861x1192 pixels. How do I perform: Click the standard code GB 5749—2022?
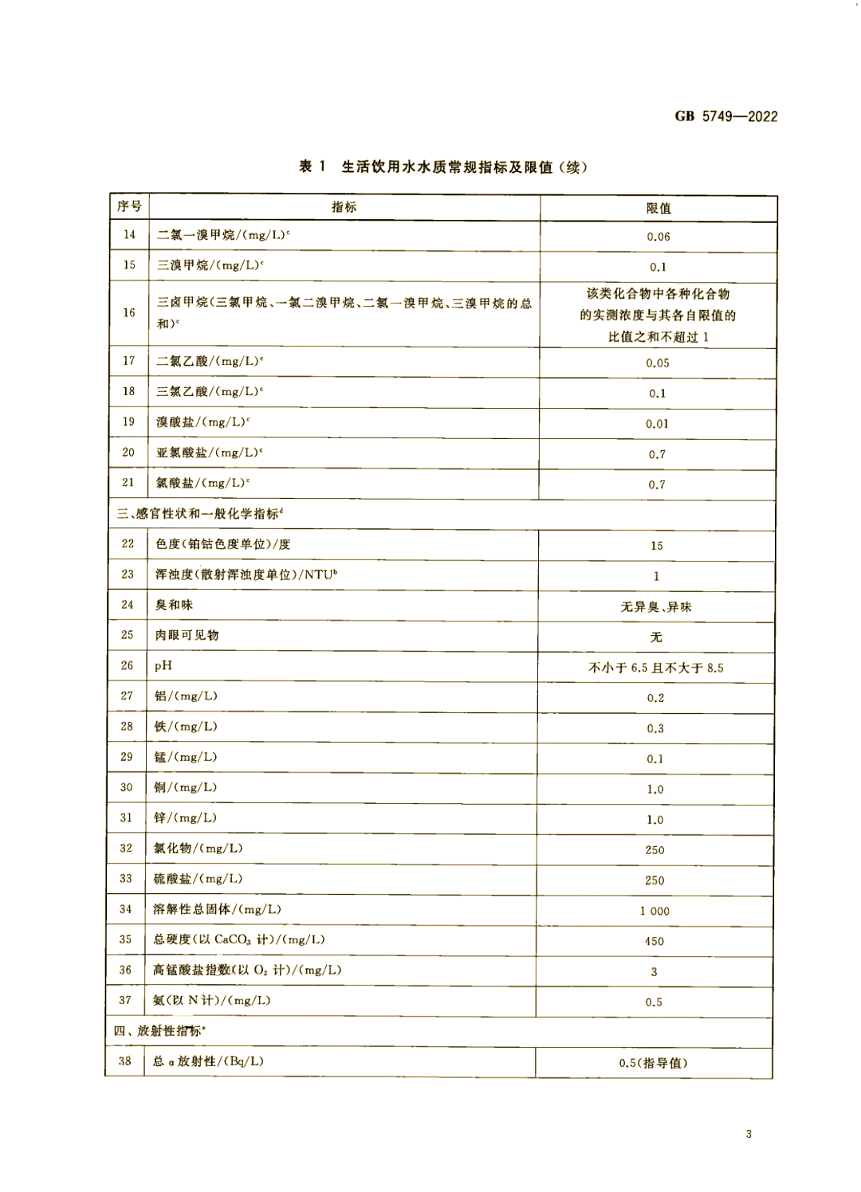[x=725, y=116]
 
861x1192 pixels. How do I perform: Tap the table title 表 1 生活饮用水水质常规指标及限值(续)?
[x=442, y=167]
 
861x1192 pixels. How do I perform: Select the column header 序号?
[x=129, y=206]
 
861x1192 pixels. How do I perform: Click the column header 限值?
[x=659, y=208]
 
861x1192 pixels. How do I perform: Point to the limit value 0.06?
[x=659, y=237]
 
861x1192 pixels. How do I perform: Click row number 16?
[x=129, y=313]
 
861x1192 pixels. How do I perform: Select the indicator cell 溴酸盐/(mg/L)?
[x=202, y=422]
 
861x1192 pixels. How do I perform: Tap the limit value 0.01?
[x=658, y=424]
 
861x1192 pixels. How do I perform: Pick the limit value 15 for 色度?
[x=657, y=546]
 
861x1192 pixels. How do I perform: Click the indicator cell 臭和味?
[x=174, y=605]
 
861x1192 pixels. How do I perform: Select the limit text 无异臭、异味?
[x=656, y=607]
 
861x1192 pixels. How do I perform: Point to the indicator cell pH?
[x=163, y=665]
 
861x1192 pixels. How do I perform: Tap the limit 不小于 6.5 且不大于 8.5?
[x=656, y=668]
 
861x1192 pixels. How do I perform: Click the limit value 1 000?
[x=655, y=911]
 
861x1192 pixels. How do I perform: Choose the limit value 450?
[x=655, y=941]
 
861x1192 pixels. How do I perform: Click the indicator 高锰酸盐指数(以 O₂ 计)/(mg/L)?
[x=247, y=970]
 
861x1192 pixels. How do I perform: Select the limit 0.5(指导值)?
[x=653, y=1063]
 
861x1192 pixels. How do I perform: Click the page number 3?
[x=749, y=1134]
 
